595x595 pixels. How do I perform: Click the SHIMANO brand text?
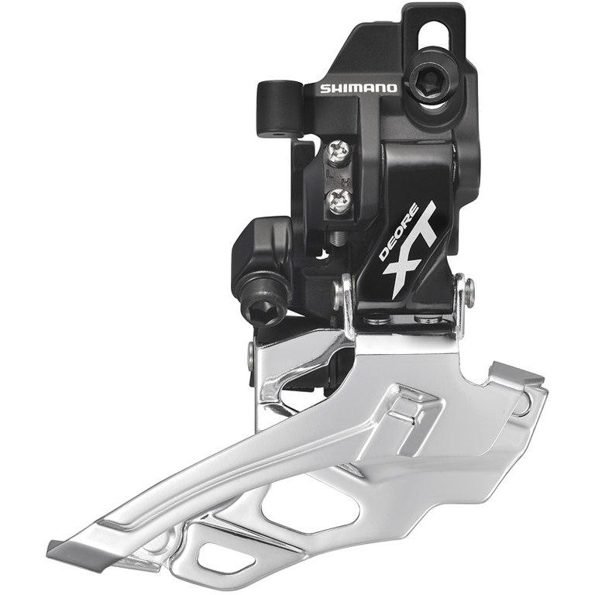pyautogui.click(x=358, y=88)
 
